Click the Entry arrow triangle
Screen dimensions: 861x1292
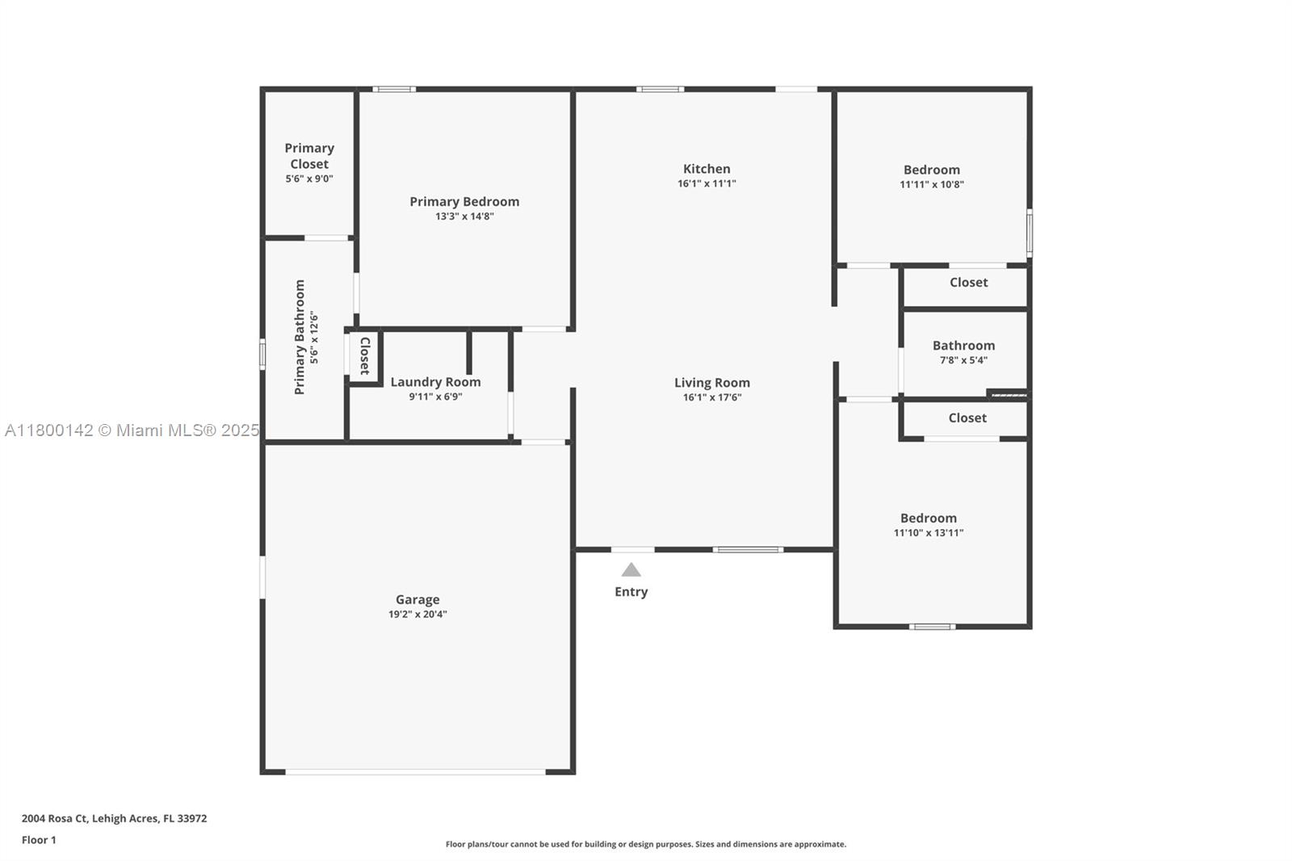(631, 570)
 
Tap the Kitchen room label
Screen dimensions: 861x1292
(707, 169)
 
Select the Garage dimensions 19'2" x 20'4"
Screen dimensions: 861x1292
(417, 614)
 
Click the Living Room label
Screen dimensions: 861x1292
(711, 383)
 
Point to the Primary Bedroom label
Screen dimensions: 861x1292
(464, 202)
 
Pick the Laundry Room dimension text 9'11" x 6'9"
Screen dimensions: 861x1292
(435, 397)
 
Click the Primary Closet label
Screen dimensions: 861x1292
(309, 156)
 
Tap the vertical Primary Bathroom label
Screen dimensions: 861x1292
(300, 337)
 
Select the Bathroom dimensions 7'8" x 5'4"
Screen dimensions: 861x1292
(963, 360)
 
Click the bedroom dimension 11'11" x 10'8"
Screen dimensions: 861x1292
(932, 184)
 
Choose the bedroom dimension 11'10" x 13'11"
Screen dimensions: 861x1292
(929, 532)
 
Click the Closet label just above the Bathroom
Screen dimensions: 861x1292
(968, 283)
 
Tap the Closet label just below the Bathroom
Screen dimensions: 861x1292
(967, 418)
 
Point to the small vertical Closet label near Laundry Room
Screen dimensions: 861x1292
(364, 355)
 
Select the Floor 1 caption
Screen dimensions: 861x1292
(39, 840)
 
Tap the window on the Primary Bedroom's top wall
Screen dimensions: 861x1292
(394, 89)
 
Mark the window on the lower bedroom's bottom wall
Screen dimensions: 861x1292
(932, 626)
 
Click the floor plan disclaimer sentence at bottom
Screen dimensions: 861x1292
(646, 844)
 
